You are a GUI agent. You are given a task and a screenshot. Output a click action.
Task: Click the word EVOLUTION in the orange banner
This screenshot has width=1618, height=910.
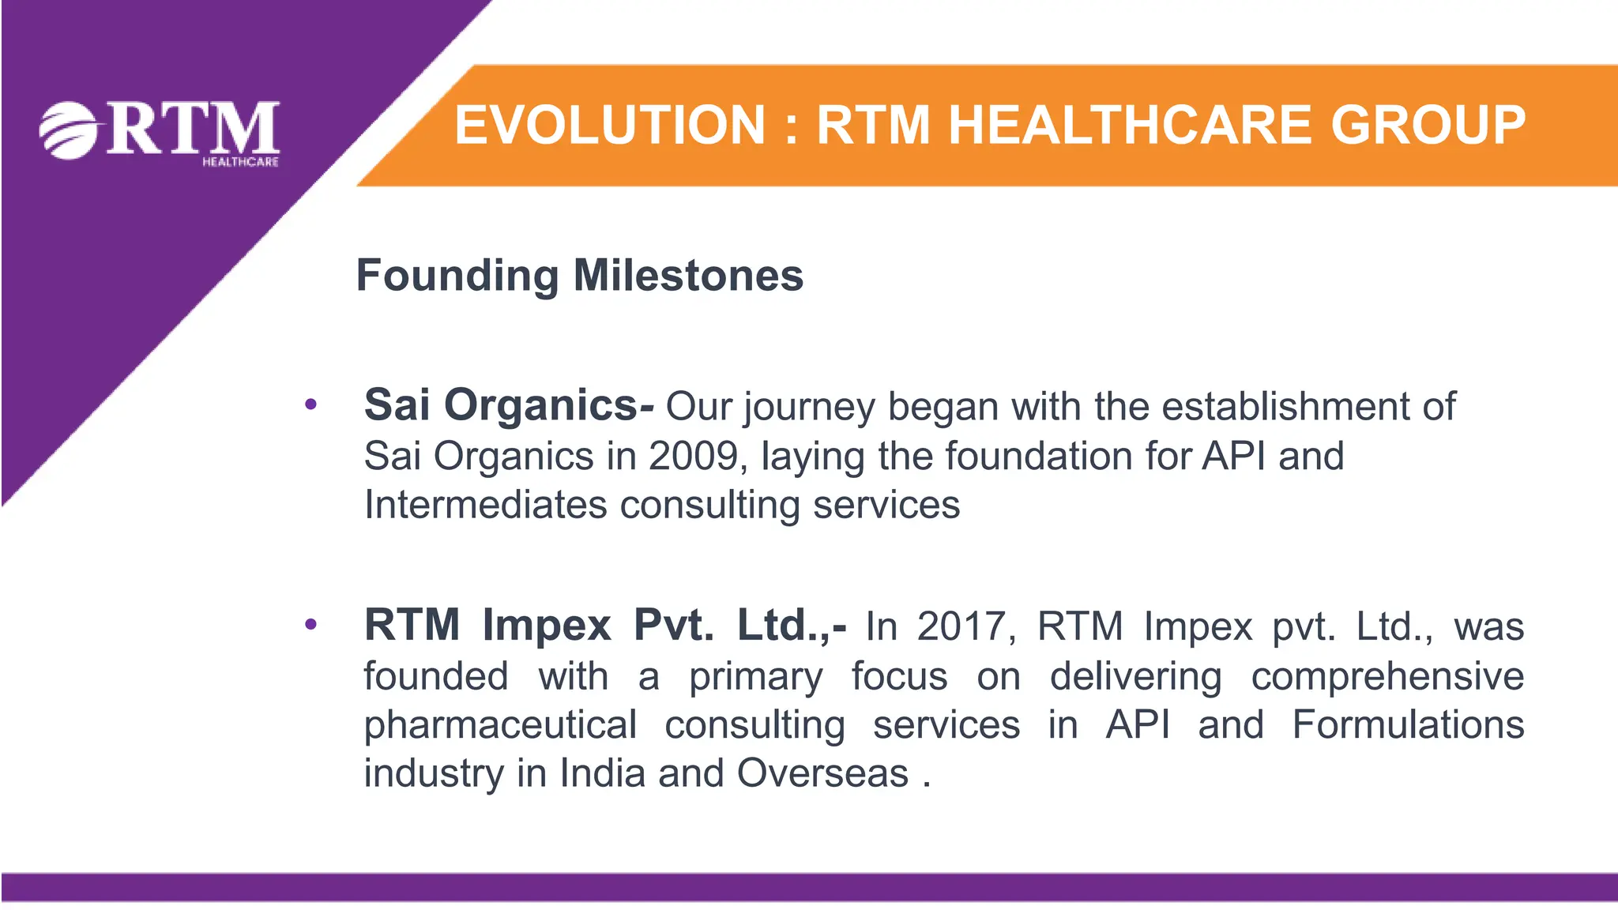610,126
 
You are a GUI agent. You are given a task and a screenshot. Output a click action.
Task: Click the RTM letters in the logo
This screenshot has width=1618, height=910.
193,128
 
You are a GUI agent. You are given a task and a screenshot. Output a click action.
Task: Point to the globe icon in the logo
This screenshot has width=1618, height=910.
68,130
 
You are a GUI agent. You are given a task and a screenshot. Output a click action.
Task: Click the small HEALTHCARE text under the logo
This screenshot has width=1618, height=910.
240,162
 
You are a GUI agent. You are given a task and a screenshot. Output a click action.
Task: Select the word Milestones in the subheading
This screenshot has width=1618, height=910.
688,276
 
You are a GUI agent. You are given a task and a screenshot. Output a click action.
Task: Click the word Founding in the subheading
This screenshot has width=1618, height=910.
457,276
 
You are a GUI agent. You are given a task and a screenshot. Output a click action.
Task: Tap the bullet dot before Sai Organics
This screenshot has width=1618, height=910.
310,405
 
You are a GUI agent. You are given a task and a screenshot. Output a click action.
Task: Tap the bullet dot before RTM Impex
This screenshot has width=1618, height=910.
310,625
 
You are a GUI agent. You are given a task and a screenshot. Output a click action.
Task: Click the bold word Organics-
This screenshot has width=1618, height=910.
549,405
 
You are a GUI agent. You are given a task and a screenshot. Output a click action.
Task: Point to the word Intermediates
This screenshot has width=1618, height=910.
485,505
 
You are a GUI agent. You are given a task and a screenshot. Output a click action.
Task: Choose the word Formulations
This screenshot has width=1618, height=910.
1408,724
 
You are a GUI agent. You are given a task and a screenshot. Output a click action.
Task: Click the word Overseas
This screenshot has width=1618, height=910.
822,773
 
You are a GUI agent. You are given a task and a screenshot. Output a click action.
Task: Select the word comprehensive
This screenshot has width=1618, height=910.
1387,676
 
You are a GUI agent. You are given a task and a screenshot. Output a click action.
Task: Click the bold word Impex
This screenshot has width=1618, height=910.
547,625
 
